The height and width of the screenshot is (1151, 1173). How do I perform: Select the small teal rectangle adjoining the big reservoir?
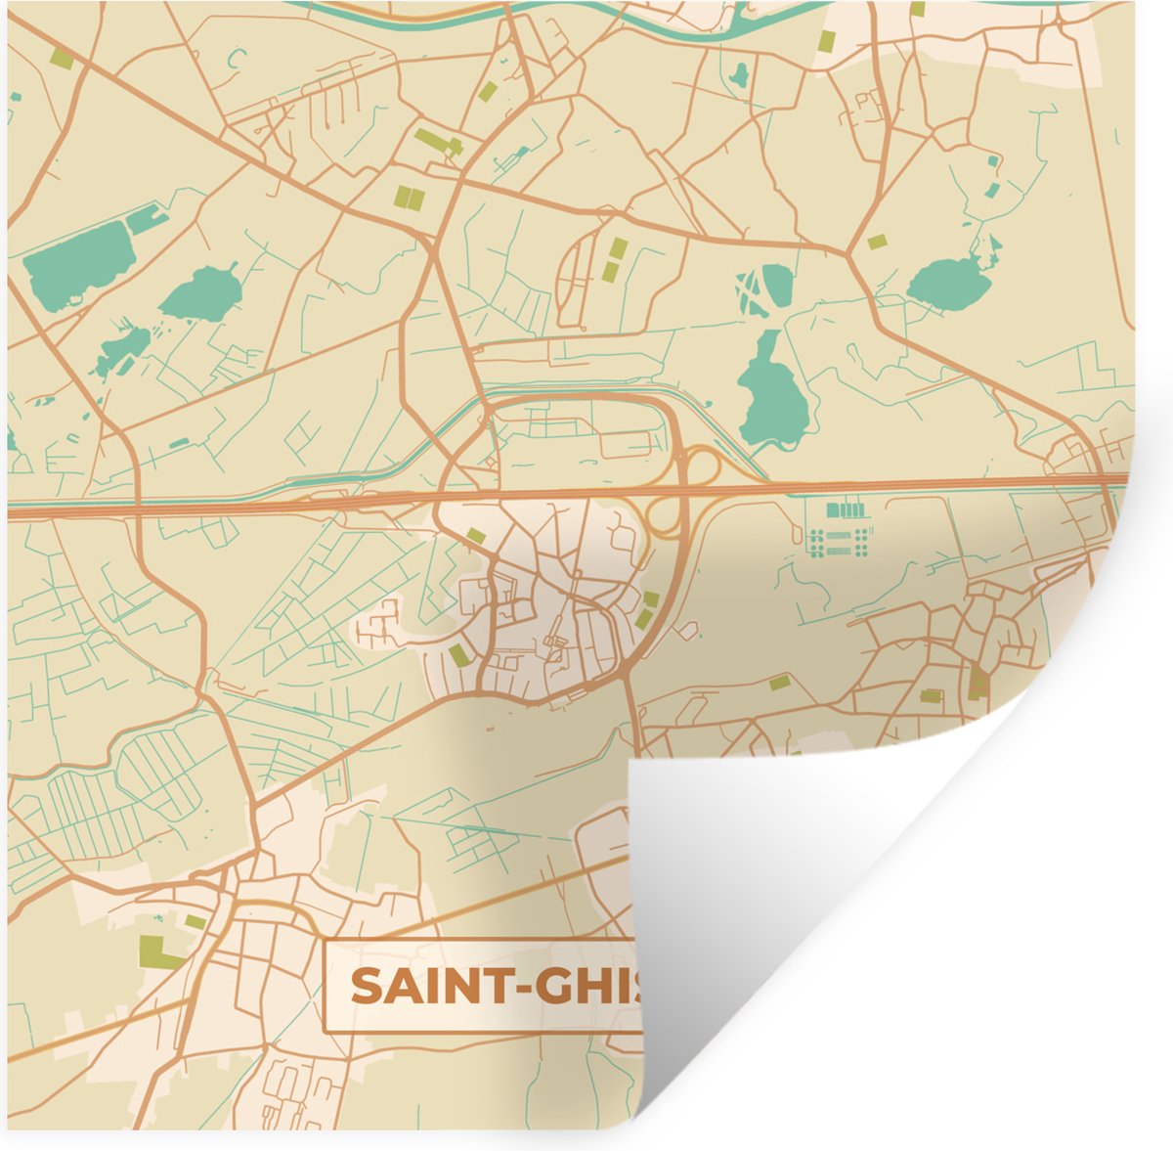pyautogui.click(x=147, y=218)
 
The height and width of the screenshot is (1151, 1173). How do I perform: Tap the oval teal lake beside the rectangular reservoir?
pyautogui.click(x=200, y=292)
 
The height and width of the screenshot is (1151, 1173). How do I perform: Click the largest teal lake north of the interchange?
pyautogui.click(x=773, y=392)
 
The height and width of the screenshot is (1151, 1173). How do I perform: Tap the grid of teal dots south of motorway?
pyautogui.click(x=840, y=542)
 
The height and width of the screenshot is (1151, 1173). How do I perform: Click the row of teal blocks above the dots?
pyautogui.click(x=847, y=509)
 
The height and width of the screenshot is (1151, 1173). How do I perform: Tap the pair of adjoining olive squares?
pyautogui.click(x=409, y=198)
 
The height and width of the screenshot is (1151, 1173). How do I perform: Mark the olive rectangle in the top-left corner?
pyautogui.click(x=63, y=59)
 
